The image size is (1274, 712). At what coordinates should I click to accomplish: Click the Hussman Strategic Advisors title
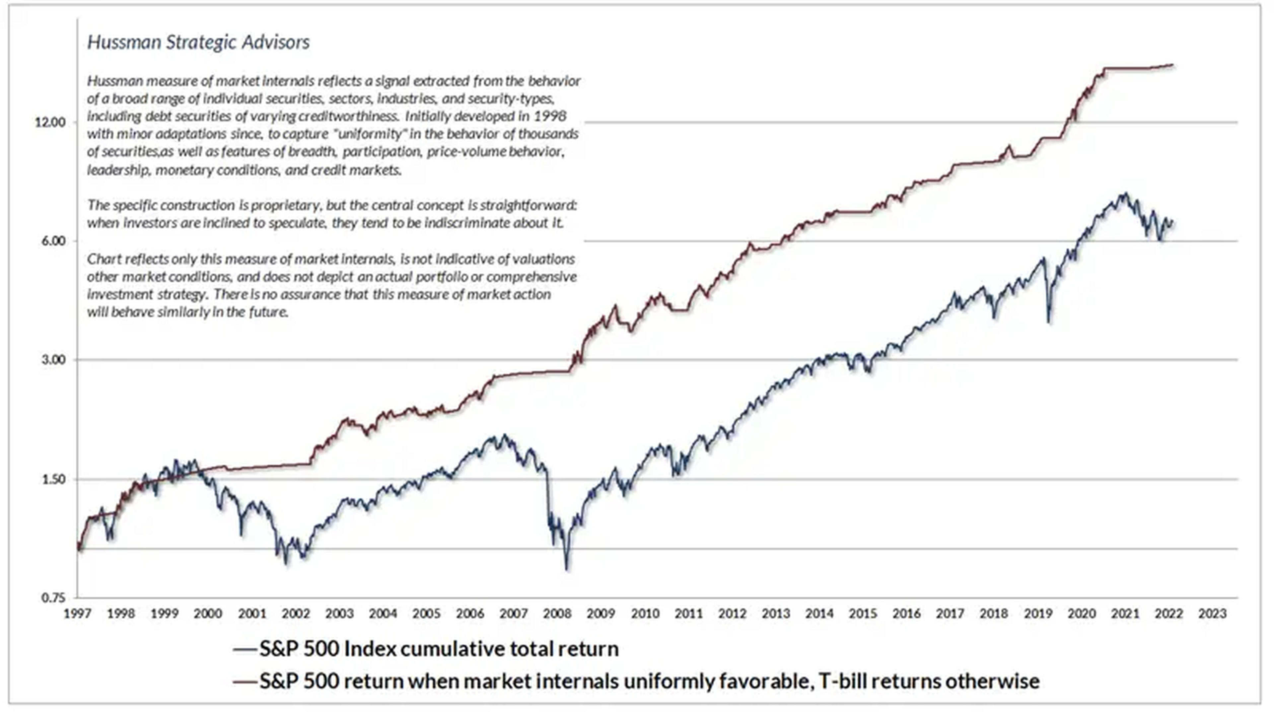[198, 42]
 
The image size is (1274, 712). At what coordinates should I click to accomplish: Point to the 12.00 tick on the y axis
[50, 122]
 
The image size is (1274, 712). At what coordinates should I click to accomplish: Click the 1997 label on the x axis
[78, 613]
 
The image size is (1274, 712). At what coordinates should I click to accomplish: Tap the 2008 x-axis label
[557, 613]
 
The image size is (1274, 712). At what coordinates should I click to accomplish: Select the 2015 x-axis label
[863, 613]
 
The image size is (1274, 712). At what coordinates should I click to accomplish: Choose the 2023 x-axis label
[1212, 613]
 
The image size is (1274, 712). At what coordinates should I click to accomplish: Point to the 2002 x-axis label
[296, 613]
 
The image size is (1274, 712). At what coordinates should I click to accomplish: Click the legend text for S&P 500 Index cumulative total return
[439, 649]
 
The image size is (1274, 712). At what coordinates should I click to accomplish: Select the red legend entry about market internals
[649, 681]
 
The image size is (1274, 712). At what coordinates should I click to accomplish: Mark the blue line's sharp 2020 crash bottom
[1048, 322]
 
